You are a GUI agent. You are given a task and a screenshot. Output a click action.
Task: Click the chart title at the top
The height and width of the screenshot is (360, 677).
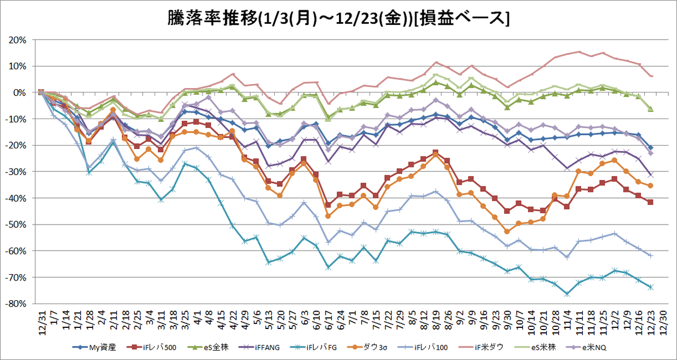coord(338,19)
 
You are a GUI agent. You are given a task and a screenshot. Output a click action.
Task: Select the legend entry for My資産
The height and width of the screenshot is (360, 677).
coord(94,348)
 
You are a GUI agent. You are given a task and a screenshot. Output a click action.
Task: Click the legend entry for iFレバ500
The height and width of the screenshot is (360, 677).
coord(151,348)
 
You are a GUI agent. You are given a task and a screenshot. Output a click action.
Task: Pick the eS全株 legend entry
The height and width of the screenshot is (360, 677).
coord(208,348)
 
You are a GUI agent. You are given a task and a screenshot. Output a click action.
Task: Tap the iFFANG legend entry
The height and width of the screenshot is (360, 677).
coord(259,348)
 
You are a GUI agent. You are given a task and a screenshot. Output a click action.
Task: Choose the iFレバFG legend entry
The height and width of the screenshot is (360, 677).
coord(313,348)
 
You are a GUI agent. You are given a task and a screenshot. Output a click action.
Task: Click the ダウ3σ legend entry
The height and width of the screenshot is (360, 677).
coord(367,348)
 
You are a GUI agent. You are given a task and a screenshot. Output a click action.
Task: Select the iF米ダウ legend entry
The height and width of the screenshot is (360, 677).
coord(481,348)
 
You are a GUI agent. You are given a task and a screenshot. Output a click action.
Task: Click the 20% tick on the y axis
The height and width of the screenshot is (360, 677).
coord(17,40)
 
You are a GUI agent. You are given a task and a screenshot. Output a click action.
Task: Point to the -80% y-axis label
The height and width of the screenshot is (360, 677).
coord(16,304)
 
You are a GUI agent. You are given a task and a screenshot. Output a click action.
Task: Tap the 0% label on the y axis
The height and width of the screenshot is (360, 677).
coord(20,93)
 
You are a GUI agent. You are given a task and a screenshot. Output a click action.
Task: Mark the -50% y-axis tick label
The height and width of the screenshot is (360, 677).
coord(16,225)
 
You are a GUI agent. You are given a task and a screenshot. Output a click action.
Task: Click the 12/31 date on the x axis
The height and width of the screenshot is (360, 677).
coord(42,323)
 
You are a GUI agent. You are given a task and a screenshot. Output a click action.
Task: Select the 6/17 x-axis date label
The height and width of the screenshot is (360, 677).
coord(328,323)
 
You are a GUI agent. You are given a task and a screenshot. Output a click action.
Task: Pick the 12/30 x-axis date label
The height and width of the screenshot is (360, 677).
coord(662,323)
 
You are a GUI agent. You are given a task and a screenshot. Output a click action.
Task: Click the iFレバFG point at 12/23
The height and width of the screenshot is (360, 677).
coord(650,287)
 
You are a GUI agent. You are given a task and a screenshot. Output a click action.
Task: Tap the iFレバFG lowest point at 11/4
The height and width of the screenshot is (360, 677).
coord(567,294)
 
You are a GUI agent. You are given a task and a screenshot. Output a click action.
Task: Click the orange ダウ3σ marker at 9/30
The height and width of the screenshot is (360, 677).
coord(507,231)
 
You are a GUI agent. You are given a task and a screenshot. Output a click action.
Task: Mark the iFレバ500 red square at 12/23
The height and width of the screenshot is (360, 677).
coord(650,202)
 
